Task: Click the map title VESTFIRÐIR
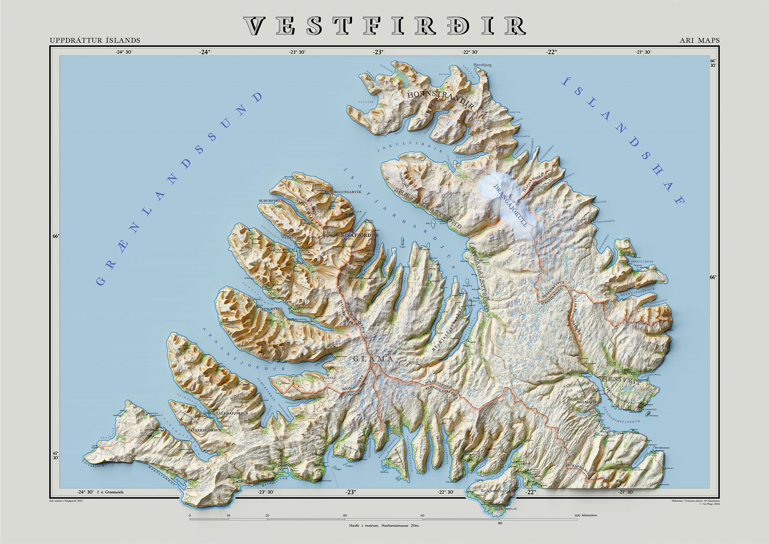coord(384,26)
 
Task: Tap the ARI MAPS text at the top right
coord(699,41)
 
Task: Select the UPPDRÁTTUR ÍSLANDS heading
coord(95,41)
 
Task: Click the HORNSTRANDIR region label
coord(440,99)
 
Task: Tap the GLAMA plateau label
coord(373,359)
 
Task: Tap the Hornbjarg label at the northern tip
coord(482,65)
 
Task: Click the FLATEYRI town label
coord(293,237)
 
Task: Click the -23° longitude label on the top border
coord(378,52)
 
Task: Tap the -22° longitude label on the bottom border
coord(531,492)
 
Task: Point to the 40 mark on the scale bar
coord(345,515)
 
